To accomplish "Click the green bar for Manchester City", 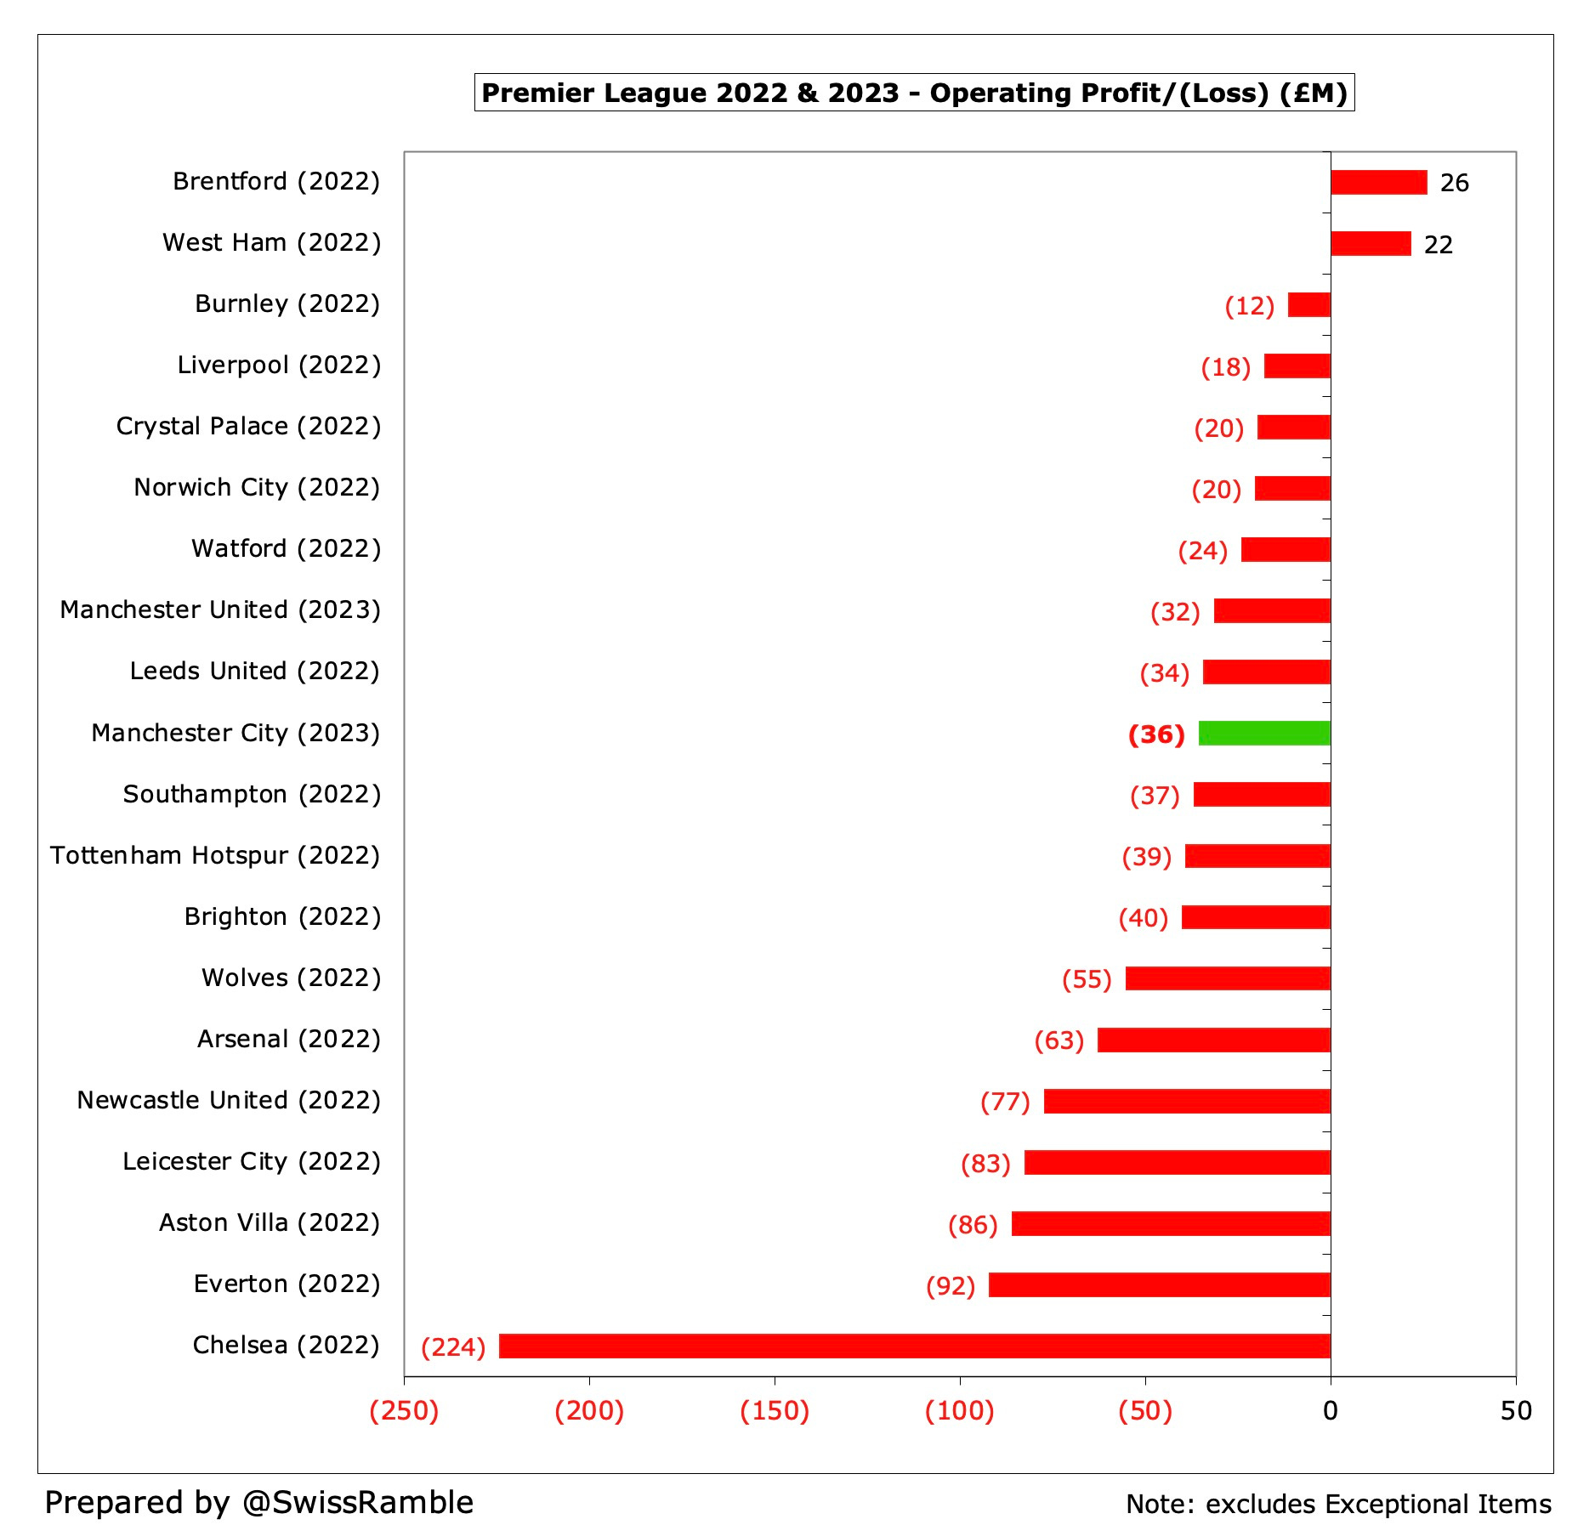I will (x=1264, y=733).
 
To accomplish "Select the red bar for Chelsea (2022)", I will (x=914, y=1346).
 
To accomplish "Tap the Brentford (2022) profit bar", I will (x=1378, y=182).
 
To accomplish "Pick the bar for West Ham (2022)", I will (x=1371, y=243).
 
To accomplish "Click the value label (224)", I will (x=453, y=1346).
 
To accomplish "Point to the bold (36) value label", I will (x=1156, y=734).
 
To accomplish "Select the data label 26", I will (x=1454, y=183).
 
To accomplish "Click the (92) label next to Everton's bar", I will (x=951, y=1285).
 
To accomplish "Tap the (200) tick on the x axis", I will (x=589, y=1412).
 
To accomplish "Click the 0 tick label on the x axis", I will (x=1331, y=1412).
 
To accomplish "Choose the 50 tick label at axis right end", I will (x=1516, y=1412).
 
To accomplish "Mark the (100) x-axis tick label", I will (x=960, y=1412).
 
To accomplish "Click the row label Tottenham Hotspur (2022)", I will (x=215, y=855).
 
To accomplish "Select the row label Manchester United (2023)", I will (x=220, y=610).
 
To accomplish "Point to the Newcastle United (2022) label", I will (x=229, y=1100).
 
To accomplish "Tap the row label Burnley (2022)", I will (x=287, y=304).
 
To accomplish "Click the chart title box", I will (x=914, y=93).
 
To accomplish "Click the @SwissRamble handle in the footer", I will (x=357, y=1503).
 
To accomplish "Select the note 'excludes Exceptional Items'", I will (x=1377, y=1505).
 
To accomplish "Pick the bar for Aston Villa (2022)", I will (x=1171, y=1223).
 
